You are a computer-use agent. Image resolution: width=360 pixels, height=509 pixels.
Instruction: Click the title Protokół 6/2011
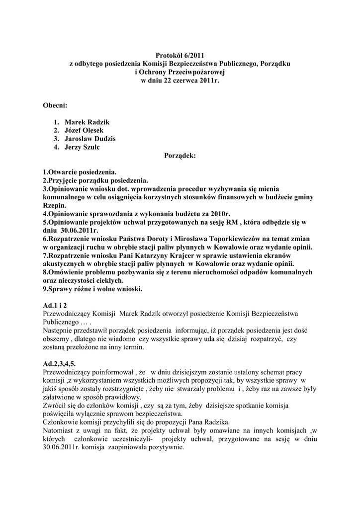[180, 56]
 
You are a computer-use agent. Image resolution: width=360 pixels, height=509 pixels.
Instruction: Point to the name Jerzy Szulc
[85, 147]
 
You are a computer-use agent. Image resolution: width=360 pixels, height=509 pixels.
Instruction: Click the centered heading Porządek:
[180, 156]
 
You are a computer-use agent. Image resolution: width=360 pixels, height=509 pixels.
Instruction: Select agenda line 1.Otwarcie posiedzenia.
[79, 172]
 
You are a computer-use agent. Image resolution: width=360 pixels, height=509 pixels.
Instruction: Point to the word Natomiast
[60, 430]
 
